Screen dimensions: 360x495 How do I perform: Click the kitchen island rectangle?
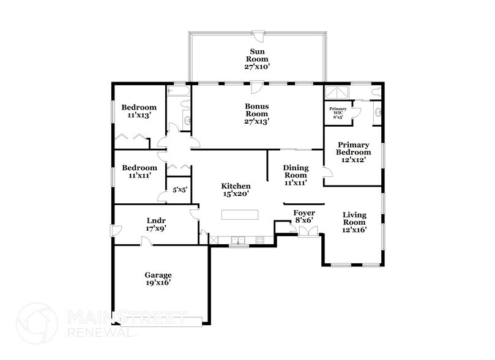(x=240, y=214)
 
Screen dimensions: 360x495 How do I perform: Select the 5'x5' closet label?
(x=179, y=189)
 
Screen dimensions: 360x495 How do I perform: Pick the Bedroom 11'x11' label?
(x=139, y=171)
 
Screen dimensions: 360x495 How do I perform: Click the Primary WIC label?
(x=338, y=111)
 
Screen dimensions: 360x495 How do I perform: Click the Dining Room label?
(x=294, y=174)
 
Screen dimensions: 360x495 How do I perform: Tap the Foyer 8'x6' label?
(x=303, y=216)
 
